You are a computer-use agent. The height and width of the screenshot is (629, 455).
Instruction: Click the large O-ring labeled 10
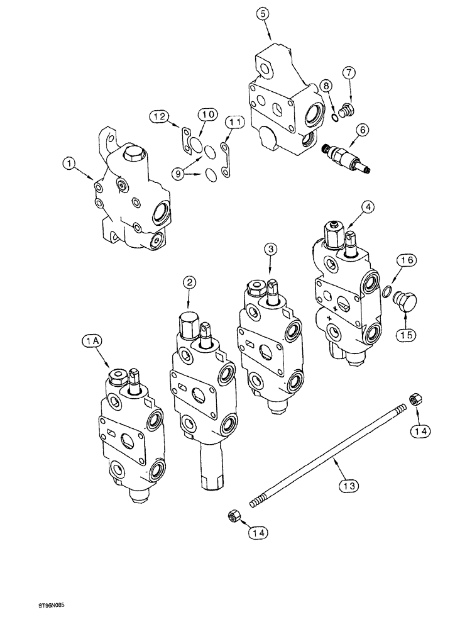pyautogui.click(x=198, y=147)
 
